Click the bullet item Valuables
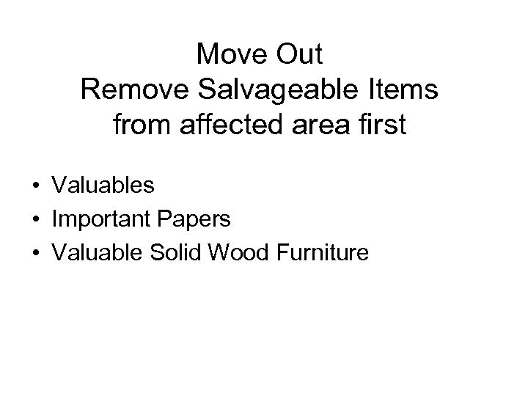(103, 186)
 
